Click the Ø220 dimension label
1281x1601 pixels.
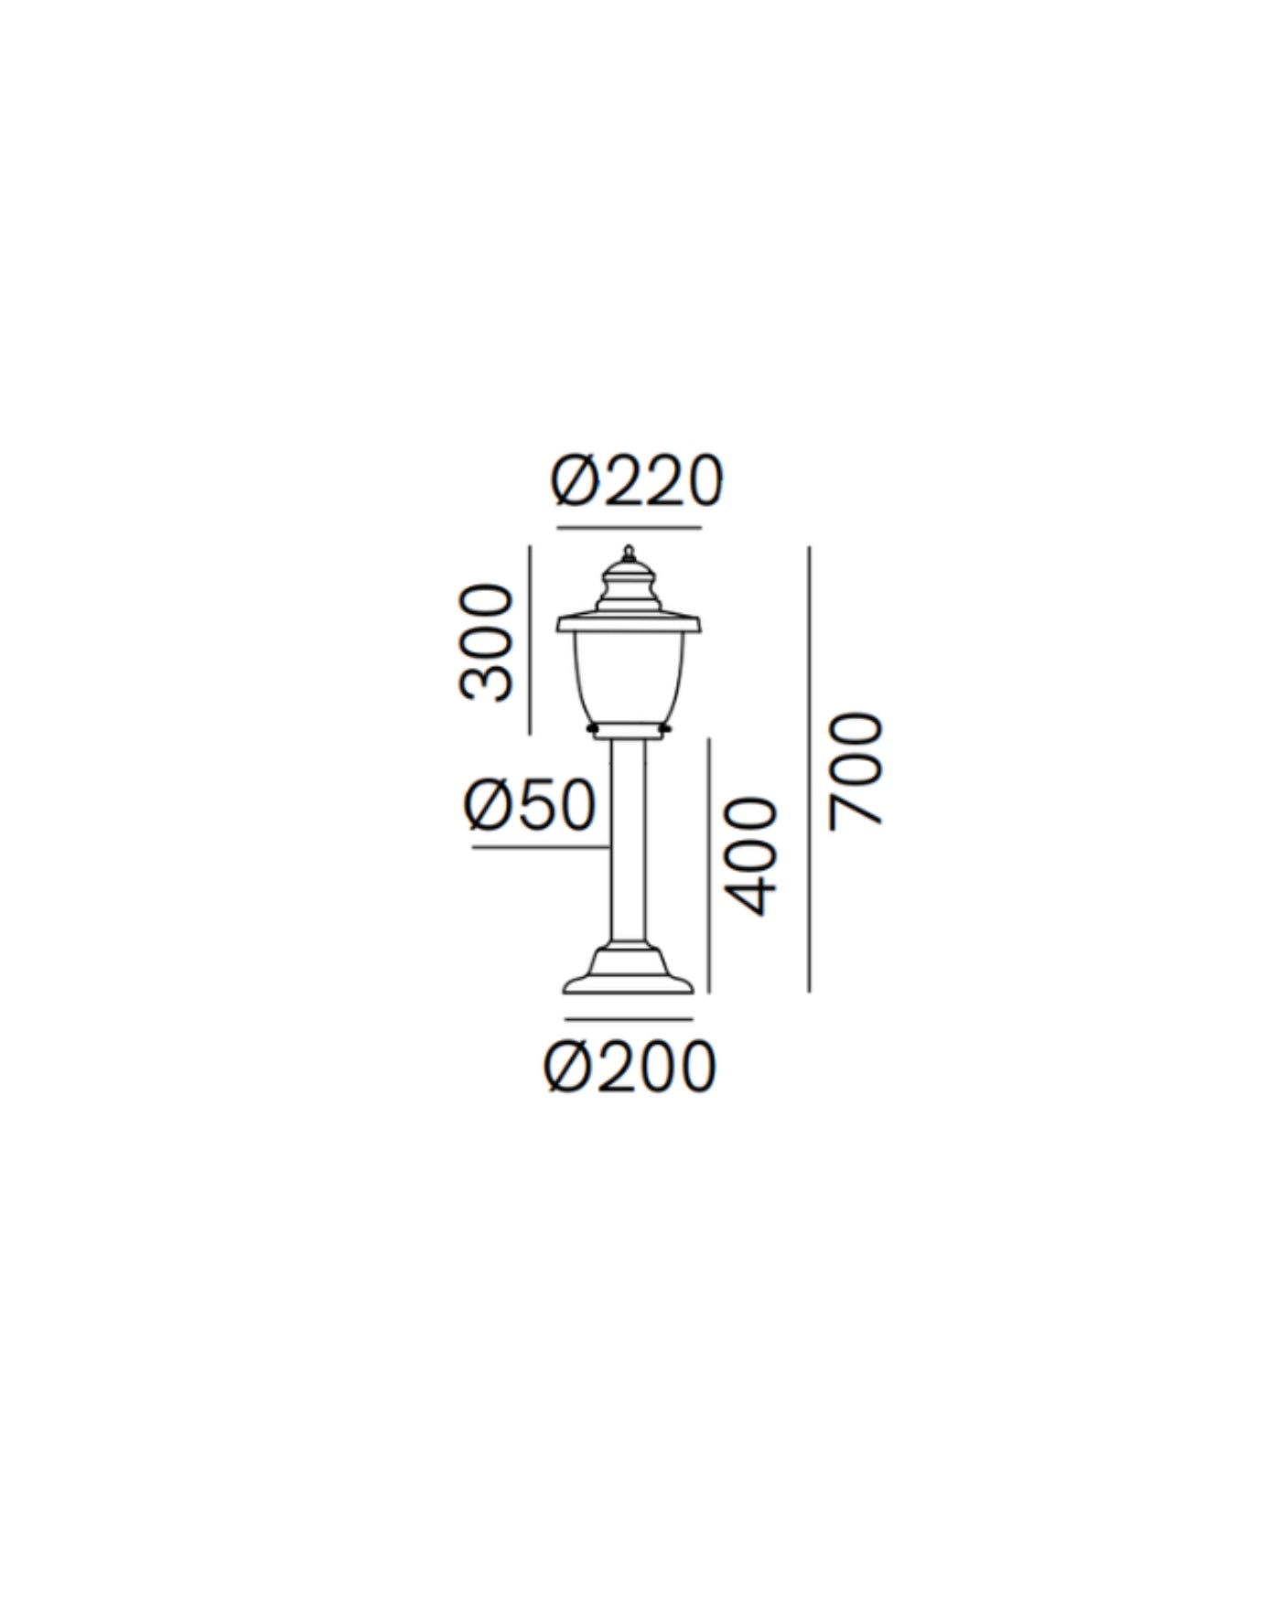coord(637,480)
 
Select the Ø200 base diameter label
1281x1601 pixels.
coord(630,1067)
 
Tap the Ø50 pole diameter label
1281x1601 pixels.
coord(531,806)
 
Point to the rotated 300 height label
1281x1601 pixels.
coord(485,642)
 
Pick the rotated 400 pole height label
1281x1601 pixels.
coord(750,856)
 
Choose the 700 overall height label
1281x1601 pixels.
coord(855,771)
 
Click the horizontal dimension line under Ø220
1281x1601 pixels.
coord(629,528)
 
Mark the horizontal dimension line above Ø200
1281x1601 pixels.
coord(629,1018)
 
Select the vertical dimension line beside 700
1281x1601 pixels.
coord(809,768)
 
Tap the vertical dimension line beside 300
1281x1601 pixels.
coord(530,640)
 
